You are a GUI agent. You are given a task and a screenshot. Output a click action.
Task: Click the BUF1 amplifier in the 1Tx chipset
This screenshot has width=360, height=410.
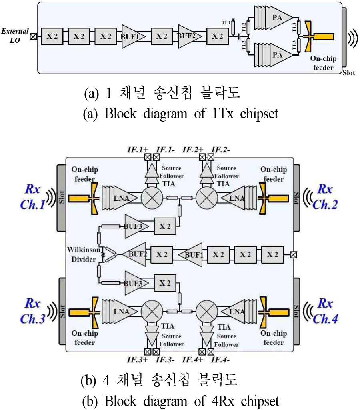tap(130, 36)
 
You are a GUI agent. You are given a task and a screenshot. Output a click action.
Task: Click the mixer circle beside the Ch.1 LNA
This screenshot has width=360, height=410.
tap(152, 198)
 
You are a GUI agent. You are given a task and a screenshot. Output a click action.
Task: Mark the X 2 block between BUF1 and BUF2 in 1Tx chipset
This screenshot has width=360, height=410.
tap(162, 36)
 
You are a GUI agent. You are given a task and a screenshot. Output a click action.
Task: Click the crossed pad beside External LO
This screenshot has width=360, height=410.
tap(34, 36)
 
